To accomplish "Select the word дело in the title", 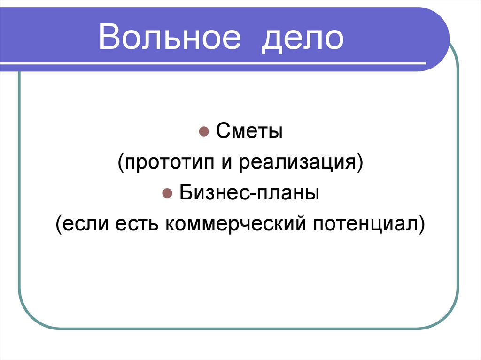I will (303, 38).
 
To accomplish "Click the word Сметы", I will (249, 132).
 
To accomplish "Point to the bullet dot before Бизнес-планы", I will (166, 193).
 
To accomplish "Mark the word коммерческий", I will (233, 224).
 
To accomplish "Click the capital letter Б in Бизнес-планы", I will (184, 193).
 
